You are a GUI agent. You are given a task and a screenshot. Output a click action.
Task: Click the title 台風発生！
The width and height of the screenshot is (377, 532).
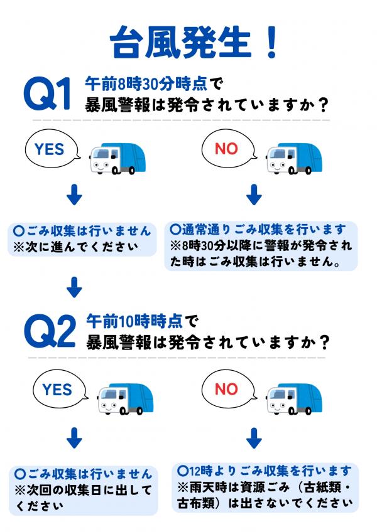[x=194, y=43]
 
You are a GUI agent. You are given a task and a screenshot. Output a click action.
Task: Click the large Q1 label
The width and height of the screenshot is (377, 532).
[x=48, y=94]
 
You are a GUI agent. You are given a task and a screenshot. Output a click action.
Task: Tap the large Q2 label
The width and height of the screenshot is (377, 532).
[x=50, y=331]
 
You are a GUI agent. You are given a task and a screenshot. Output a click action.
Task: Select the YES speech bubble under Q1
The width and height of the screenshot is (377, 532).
[x=53, y=149]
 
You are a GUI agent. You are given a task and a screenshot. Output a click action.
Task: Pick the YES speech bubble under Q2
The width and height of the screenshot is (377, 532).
[x=60, y=389]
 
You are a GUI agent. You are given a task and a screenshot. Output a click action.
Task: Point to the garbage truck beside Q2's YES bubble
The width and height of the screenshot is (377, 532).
[x=125, y=399]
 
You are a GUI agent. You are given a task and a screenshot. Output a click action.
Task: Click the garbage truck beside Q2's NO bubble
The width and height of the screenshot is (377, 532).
[x=293, y=399]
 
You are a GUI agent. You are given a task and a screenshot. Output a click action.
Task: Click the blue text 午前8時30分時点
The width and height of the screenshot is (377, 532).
[x=146, y=84]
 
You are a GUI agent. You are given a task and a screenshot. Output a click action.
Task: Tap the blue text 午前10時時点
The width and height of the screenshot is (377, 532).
[x=134, y=321]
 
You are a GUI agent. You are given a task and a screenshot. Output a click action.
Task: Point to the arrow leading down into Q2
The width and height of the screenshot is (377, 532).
[x=74, y=287]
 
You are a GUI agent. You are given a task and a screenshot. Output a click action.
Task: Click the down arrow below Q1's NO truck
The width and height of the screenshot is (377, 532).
[x=254, y=194]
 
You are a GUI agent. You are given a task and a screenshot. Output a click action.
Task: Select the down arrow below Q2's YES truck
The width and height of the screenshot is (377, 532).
[x=74, y=438]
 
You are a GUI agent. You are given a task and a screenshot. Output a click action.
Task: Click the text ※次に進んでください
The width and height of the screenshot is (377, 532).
[x=75, y=247]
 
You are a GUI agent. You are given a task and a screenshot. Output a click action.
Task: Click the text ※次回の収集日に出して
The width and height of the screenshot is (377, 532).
[x=83, y=490]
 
